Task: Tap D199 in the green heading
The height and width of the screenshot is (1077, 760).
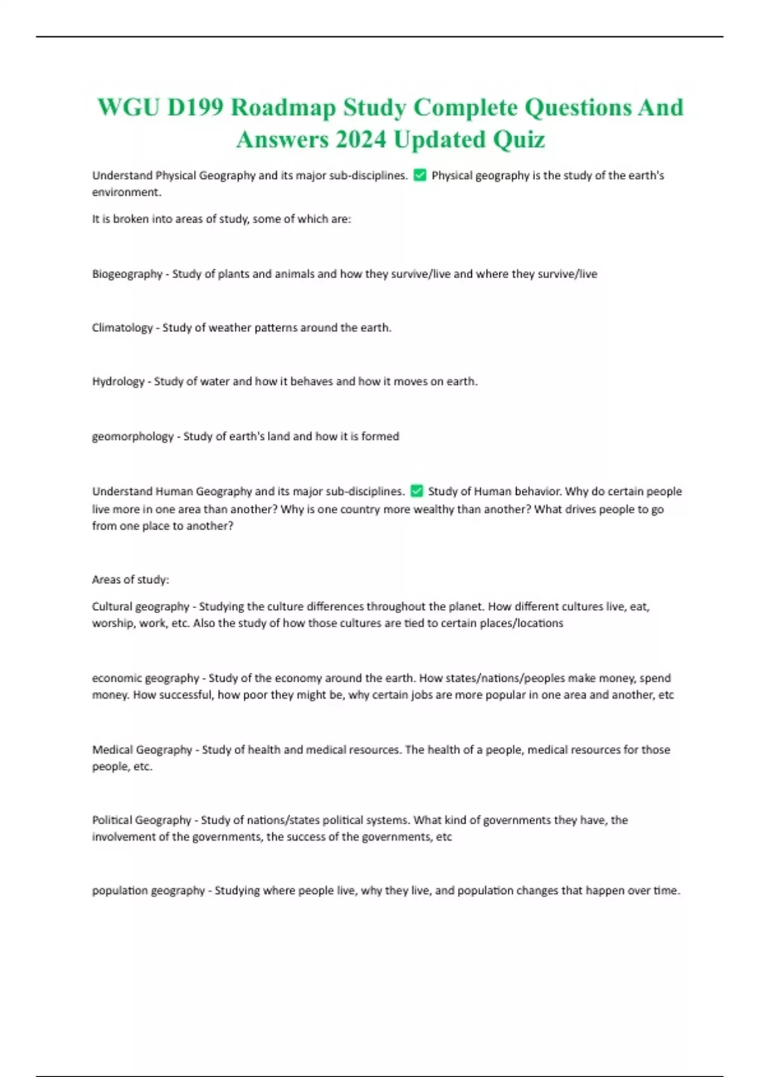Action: (195, 108)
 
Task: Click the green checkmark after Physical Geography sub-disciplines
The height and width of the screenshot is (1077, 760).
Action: (419, 175)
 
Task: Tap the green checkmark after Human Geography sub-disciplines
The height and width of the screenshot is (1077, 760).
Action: (417, 491)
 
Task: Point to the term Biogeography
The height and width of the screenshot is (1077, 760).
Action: (127, 274)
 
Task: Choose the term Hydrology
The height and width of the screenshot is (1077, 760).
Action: (118, 381)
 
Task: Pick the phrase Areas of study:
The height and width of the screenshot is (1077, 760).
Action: (130, 580)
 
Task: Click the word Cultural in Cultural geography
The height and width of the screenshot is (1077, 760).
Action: (112, 606)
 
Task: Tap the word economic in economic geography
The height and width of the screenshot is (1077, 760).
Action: (117, 678)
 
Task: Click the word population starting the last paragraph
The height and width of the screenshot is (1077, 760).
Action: (120, 890)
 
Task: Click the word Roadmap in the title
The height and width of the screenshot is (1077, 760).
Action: (283, 108)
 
